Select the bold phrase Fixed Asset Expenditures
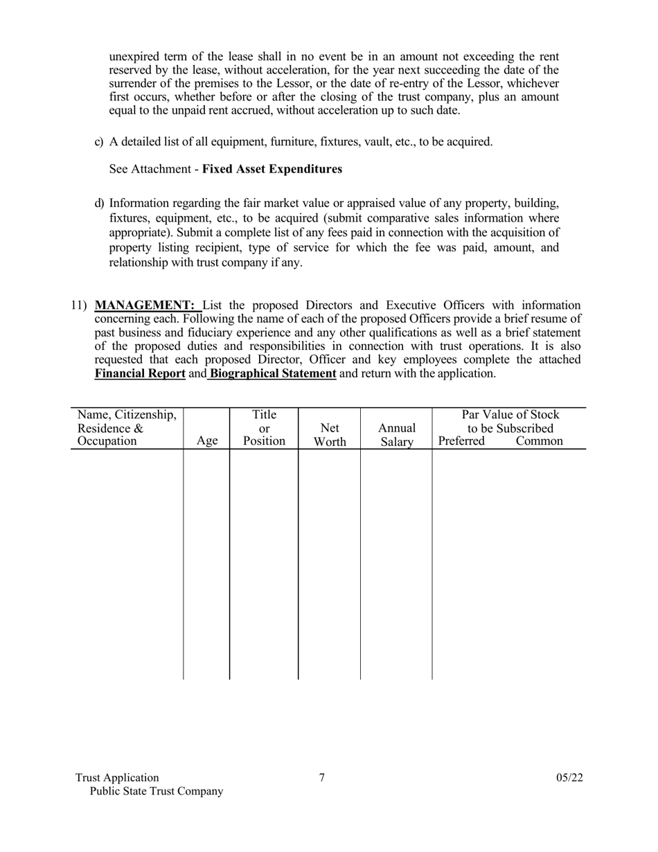coord(272,169)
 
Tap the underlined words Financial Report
coord(139,373)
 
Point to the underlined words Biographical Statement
coord(273,373)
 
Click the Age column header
coord(206,441)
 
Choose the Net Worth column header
coord(329,434)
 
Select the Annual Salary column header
coord(396,434)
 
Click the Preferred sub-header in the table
coord(461,441)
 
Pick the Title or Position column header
coord(264,427)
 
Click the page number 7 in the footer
coord(322,777)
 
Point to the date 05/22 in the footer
coord(569,777)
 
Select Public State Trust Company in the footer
coord(157,791)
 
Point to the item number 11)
coord(80,305)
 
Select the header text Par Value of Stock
coord(510,415)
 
